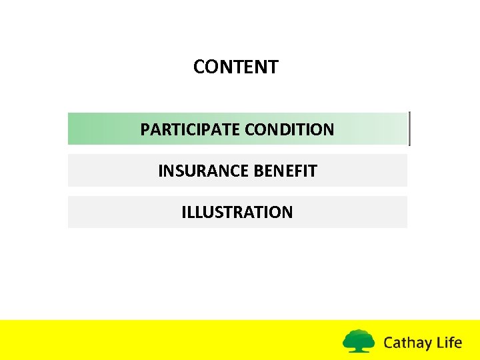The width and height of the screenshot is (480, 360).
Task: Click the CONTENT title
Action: [236, 67]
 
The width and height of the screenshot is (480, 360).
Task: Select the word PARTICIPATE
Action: [191, 129]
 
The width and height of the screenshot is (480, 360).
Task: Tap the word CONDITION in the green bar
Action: [289, 129]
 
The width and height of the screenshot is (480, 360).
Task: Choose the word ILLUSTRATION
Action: [237, 212]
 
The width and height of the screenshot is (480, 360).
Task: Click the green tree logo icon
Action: [359, 341]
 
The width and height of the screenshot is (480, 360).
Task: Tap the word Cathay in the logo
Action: [407, 343]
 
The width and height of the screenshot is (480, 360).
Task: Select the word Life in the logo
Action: [448, 343]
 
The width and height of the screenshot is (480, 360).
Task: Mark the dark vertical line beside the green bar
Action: [409, 128]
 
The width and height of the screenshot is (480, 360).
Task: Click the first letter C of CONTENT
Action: [199, 67]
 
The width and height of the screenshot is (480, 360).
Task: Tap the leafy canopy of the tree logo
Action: [359, 337]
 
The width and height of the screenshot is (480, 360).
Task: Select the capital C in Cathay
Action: [389, 343]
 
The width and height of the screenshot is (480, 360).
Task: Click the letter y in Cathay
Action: [427, 345]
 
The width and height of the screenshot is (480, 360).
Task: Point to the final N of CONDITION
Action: [329, 129]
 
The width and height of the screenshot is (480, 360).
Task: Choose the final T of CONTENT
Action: [273, 67]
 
